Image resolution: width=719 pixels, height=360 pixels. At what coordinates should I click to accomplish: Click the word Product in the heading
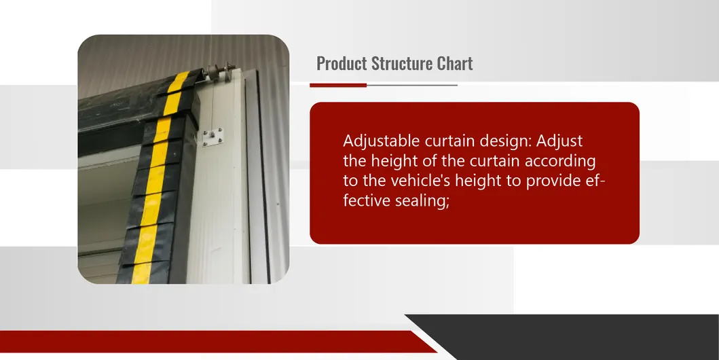click(x=342, y=64)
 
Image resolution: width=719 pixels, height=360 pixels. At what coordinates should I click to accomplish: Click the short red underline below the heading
click(x=338, y=86)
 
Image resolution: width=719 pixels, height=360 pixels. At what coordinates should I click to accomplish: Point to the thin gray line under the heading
click(x=411, y=86)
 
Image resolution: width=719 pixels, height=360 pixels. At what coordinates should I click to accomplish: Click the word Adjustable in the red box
click(x=382, y=141)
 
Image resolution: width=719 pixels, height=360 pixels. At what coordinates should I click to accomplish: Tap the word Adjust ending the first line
click(x=559, y=141)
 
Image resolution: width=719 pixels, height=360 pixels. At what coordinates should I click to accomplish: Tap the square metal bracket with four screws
click(x=213, y=137)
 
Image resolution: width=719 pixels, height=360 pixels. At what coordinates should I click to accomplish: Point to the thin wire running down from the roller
click(x=214, y=105)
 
